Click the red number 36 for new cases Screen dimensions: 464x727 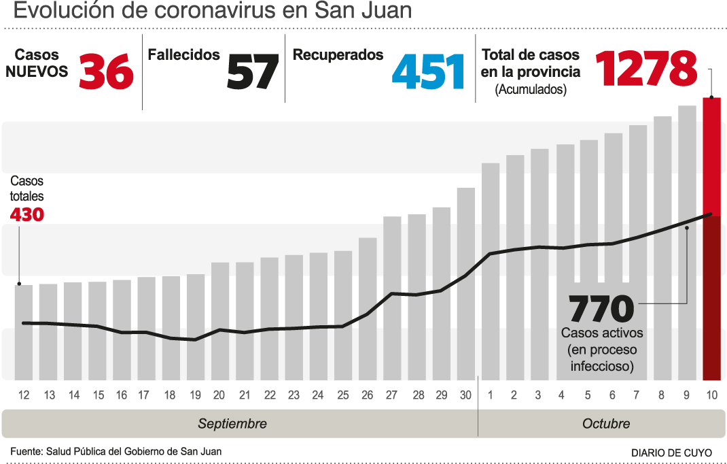click(x=107, y=71)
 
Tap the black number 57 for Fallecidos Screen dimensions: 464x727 click(x=252, y=71)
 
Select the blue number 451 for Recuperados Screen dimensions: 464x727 click(x=428, y=71)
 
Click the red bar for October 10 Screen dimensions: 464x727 click(x=711, y=238)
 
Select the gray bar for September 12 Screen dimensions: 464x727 click(x=24, y=332)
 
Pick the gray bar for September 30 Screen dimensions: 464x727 click(x=466, y=283)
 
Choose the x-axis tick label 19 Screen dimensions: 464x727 click(x=195, y=395)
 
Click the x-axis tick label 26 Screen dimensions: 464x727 click(x=368, y=395)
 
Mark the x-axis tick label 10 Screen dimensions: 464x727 click(x=711, y=395)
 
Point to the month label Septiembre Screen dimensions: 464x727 click(x=232, y=424)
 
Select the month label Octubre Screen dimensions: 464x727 click(x=606, y=424)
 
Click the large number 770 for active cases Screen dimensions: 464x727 click(x=601, y=310)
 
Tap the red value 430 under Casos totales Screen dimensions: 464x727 click(x=27, y=215)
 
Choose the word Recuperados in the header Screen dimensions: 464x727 click(x=338, y=55)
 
